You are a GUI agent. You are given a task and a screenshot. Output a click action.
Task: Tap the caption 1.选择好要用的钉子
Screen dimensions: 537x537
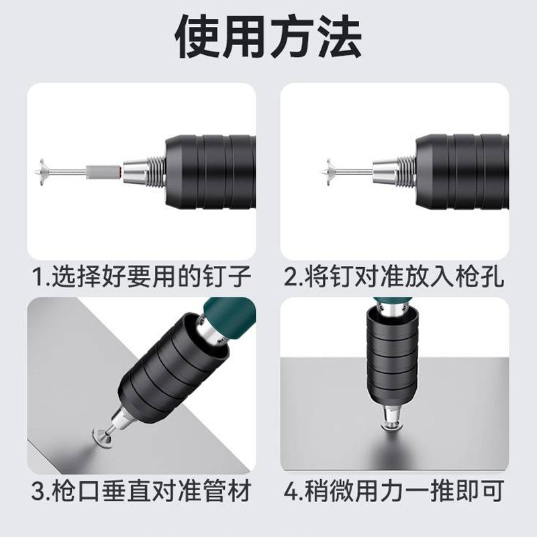[142, 276]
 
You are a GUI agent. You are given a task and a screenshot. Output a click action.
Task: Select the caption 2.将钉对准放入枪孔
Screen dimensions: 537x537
[395, 276]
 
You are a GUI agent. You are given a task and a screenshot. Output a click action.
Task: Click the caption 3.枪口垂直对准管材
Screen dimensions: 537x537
[142, 493]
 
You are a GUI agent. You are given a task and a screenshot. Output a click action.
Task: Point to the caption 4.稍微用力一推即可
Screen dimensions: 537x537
[395, 493]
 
